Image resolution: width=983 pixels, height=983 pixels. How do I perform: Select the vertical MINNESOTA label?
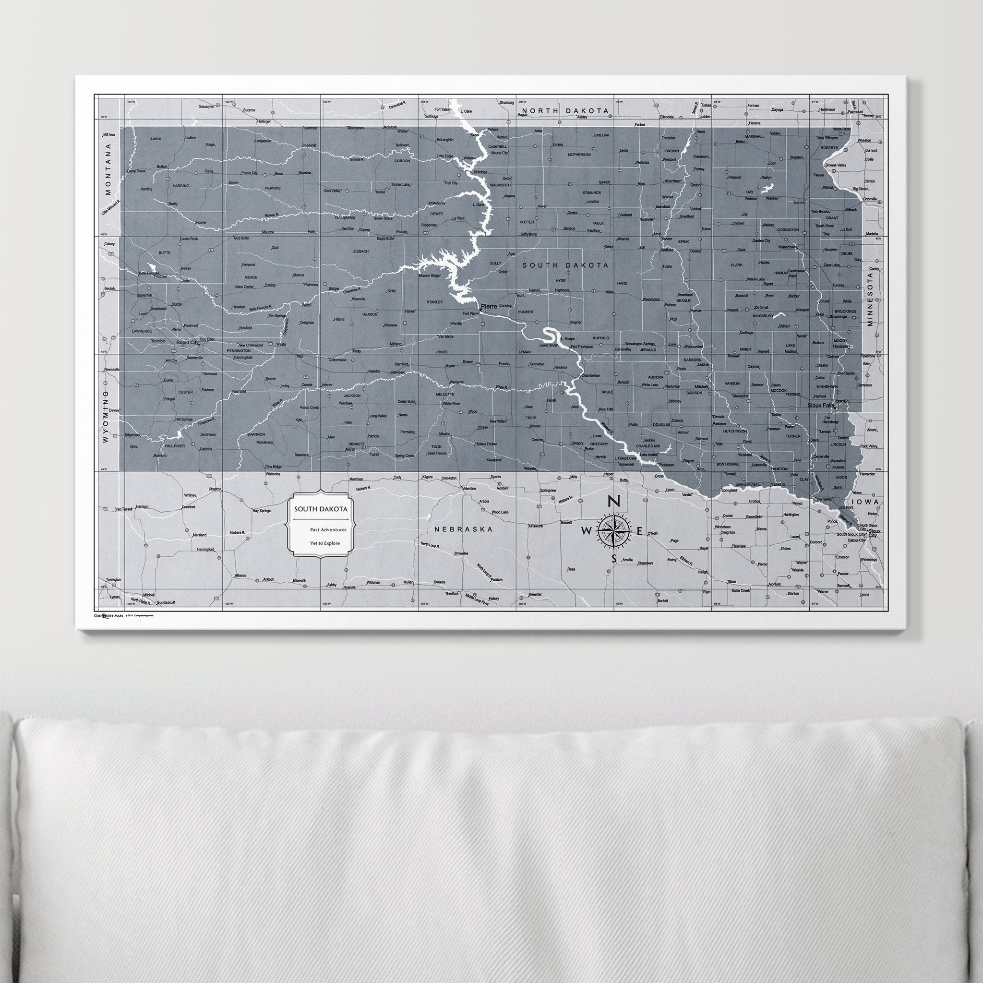[x=870, y=299]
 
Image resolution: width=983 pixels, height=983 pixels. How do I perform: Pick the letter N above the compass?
[x=613, y=502]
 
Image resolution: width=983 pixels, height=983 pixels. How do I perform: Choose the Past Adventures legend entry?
[x=328, y=530]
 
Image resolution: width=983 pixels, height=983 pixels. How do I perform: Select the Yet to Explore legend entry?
[x=325, y=543]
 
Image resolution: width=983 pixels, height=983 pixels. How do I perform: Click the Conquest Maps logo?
[x=108, y=616]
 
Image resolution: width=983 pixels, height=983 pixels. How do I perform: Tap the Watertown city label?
[x=787, y=247]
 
